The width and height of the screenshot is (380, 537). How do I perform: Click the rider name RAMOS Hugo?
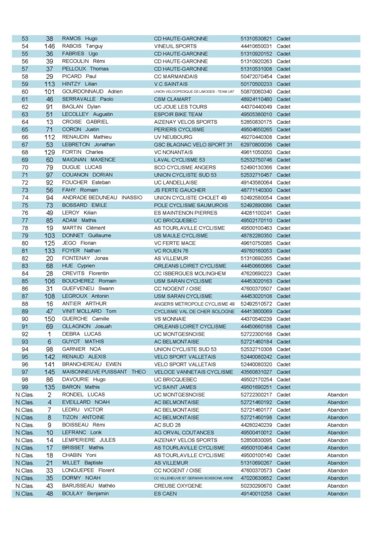click(x=80, y=39)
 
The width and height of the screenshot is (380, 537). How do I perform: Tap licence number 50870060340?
click(x=256, y=92)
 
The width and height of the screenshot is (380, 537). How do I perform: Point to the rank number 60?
click(x=25, y=92)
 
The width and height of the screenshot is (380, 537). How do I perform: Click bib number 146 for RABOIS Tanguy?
click(x=50, y=46)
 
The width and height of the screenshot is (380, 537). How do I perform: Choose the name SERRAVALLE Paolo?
click(x=88, y=99)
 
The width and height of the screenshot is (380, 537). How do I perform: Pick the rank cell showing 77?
click(x=25, y=220)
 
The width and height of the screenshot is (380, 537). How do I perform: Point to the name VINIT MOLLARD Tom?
click(x=89, y=311)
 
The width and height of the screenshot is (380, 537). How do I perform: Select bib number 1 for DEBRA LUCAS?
click(x=50, y=334)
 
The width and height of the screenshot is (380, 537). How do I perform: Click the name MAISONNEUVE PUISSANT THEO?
click(x=104, y=372)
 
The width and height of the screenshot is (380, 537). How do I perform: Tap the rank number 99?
click(x=25, y=387)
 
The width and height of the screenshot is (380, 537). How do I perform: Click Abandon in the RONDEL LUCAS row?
click(x=337, y=395)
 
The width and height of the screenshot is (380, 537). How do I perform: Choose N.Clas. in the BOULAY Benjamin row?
click(x=25, y=493)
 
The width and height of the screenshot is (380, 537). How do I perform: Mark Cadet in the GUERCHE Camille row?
click(x=283, y=319)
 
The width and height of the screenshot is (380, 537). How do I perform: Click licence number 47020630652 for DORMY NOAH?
click(x=256, y=478)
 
